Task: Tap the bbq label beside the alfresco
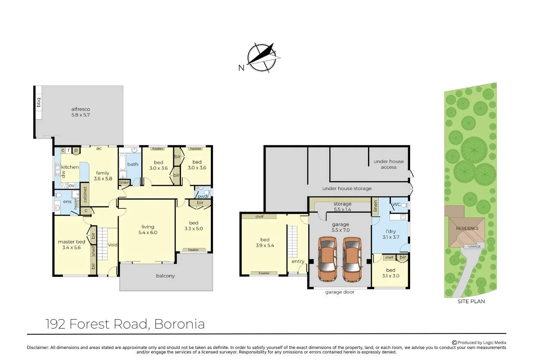tap(38, 102)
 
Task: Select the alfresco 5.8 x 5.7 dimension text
tap(80, 115)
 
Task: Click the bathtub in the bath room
tap(123, 162)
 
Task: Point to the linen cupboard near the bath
tap(125, 183)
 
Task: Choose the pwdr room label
tap(203, 196)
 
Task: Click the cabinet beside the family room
tap(85, 195)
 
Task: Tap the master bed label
tap(71, 241)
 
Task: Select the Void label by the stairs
tap(113, 245)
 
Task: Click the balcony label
tap(165, 275)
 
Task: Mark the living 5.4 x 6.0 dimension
tap(148, 233)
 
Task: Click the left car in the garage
tap(327, 259)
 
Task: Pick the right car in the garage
tap(352, 259)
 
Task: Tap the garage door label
tap(340, 292)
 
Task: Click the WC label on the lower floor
tap(397, 204)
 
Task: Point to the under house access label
tap(388, 164)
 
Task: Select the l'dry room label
tap(391, 231)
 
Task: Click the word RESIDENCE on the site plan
tap(467, 228)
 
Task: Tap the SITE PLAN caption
tap(471, 301)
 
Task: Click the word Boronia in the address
tap(180, 324)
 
